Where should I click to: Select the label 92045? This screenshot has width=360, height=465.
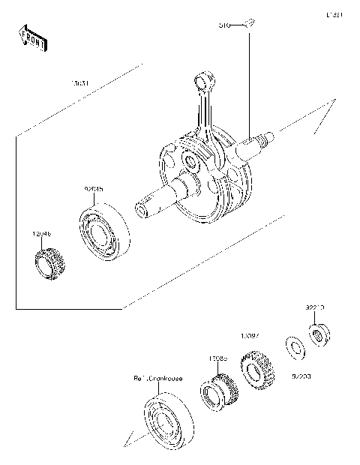tap(93, 190)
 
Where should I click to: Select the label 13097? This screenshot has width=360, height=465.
tap(249, 336)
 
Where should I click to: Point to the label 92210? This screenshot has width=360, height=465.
tap(314, 307)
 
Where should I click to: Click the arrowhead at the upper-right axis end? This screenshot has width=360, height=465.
tap(323, 113)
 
